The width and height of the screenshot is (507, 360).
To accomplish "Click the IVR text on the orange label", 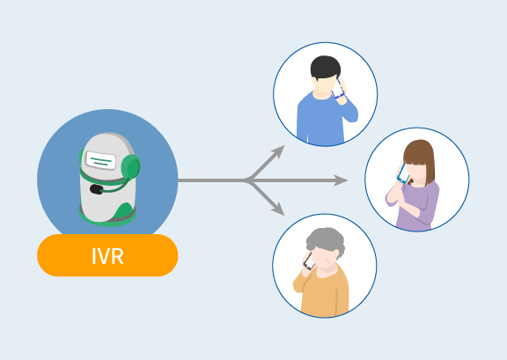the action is (107, 256).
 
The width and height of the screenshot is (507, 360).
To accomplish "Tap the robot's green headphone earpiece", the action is (131, 166).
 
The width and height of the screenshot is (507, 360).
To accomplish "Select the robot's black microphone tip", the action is (96, 189).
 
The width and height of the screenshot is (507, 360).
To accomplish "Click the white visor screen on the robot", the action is (100, 160).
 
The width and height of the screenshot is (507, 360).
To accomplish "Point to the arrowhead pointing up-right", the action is (278, 151).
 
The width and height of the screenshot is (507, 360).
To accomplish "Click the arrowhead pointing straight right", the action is (341, 180).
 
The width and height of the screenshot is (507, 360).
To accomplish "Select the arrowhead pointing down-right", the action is (278, 209).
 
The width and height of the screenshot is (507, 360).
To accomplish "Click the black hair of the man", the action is (326, 67).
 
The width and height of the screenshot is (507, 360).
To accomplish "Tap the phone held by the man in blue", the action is (337, 88).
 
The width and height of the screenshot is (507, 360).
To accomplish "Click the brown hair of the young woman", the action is (421, 159).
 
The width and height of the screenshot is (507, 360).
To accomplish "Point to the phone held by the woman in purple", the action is (403, 173).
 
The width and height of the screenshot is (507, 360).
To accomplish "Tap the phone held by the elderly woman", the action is (309, 261).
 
